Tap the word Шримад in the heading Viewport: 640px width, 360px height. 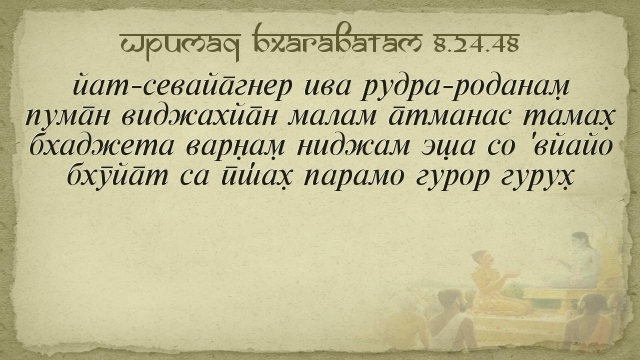(x=180, y=45)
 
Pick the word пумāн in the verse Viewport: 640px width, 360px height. (x=67, y=117)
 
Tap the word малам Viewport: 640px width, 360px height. (x=331, y=116)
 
